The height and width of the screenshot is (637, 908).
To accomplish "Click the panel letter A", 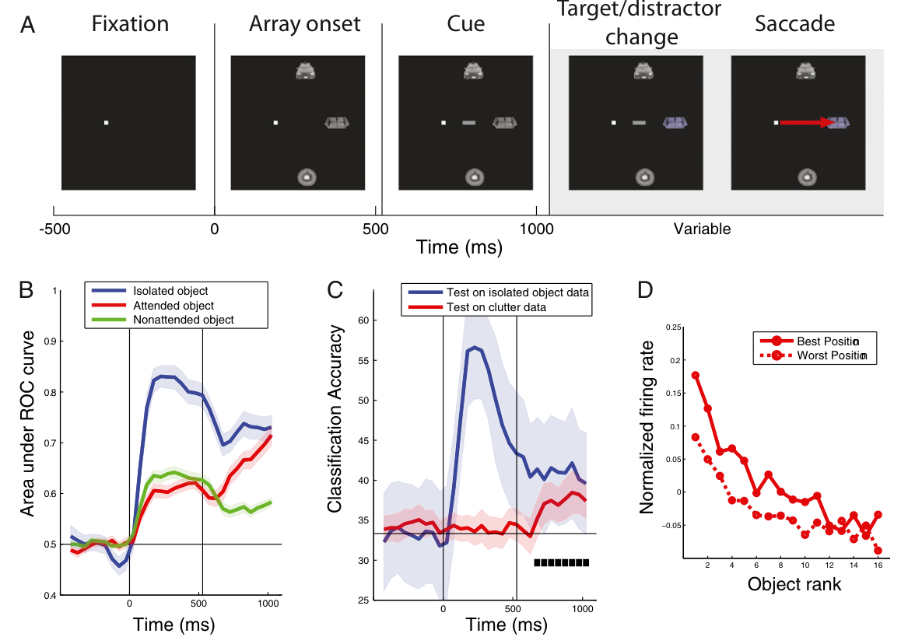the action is pyautogui.click(x=27, y=25).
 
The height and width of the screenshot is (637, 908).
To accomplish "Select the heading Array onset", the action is pyautogui.click(x=304, y=24).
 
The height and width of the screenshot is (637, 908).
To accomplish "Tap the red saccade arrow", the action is pyautogui.click(x=808, y=123).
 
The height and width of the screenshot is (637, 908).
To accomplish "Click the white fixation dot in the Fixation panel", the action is pyautogui.click(x=106, y=123).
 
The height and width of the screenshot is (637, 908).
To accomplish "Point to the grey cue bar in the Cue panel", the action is pyautogui.click(x=469, y=123).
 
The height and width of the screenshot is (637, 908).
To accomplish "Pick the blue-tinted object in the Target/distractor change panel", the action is pyautogui.click(x=675, y=123).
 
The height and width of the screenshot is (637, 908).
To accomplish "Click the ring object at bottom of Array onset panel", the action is pyautogui.click(x=307, y=177).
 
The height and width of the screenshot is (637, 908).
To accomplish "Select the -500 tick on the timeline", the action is pyautogui.click(x=54, y=229).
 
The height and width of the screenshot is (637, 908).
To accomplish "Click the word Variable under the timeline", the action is pyautogui.click(x=702, y=229).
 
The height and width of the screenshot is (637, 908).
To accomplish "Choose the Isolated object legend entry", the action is pyautogui.click(x=170, y=292).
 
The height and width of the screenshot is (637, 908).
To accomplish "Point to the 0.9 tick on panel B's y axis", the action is pyautogui.click(x=52, y=341).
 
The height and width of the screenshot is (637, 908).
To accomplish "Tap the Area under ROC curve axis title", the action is pyautogui.click(x=27, y=424).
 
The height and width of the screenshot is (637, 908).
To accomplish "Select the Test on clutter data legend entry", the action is pyautogui.click(x=496, y=307).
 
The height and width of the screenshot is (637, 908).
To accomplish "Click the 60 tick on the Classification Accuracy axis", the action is pyautogui.click(x=363, y=320).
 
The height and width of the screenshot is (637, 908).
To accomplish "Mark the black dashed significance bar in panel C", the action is pyautogui.click(x=561, y=562).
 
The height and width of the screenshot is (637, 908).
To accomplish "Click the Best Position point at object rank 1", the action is pyautogui.click(x=696, y=375).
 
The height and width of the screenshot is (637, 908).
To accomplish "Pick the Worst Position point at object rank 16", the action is pyautogui.click(x=878, y=550).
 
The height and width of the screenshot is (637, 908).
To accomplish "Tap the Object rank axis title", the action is pyautogui.click(x=794, y=584).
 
